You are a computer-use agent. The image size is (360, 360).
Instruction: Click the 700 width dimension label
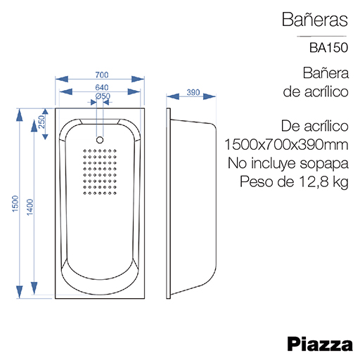102,75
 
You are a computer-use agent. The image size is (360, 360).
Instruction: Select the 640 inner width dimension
102,87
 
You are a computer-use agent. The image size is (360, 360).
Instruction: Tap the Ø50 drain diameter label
103,96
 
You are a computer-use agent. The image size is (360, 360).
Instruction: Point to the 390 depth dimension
193,92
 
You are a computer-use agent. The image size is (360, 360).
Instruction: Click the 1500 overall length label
15,204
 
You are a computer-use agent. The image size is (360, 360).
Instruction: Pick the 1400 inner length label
30,207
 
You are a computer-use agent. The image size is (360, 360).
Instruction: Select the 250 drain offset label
41,122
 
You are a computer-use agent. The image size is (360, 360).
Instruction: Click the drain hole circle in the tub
100,140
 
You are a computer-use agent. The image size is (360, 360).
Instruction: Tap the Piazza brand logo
320,344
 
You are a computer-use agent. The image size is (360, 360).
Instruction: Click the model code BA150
328,48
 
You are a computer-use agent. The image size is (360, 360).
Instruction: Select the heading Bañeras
315,20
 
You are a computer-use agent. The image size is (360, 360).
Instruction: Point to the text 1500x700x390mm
286,144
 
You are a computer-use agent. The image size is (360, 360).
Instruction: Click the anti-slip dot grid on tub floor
100,172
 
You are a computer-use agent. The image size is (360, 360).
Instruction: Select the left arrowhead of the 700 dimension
62,79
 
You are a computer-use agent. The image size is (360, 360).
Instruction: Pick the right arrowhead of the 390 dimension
210,96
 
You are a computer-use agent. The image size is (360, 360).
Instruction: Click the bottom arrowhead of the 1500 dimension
20,292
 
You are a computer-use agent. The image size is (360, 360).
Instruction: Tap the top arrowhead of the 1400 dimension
34,126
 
